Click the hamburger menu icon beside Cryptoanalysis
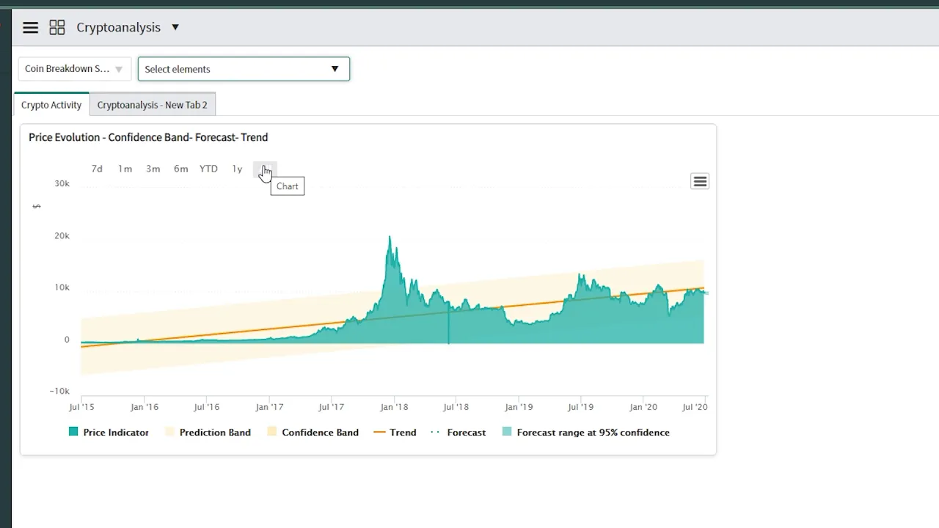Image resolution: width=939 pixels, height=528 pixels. click(30, 28)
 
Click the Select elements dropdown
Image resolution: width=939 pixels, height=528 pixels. click(244, 69)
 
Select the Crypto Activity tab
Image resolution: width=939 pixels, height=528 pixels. click(51, 105)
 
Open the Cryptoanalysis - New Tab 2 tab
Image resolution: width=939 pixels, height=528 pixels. click(153, 105)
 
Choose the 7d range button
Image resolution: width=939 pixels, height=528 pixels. click(97, 169)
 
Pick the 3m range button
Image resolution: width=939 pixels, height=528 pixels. click(153, 169)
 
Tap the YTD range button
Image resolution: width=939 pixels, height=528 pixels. click(208, 169)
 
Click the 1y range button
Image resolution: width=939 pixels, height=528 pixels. click(237, 169)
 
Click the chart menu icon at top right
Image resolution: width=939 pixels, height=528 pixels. click(700, 181)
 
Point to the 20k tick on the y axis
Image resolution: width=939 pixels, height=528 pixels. click(62, 235)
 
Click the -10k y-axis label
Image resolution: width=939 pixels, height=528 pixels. click(59, 391)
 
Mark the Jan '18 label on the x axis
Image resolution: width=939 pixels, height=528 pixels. click(394, 407)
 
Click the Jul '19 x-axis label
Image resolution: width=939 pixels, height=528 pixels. click(580, 407)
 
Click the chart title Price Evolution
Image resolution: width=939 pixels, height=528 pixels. click(148, 137)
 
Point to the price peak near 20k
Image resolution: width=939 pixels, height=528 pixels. click(390, 238)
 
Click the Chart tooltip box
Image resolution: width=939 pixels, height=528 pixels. click(287, 186)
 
